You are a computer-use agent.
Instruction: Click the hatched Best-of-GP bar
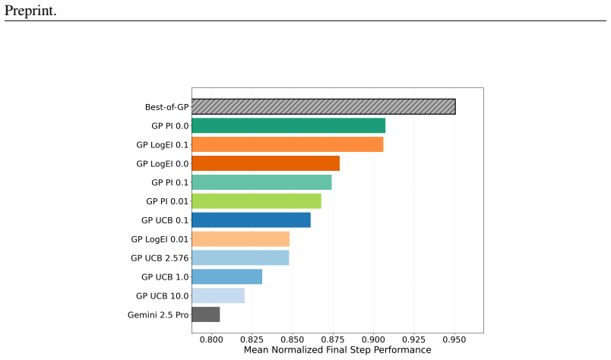tap(324, 107)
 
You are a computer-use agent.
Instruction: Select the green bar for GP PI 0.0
tap(288, 126)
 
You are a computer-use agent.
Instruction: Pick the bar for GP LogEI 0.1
tap(287, 144)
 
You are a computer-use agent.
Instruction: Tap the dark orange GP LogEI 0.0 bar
tap(266, 163)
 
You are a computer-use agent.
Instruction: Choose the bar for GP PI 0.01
tap(256, 201)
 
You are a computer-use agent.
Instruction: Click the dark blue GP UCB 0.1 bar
tap(252, 220)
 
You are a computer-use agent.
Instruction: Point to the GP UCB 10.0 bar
tap(218, 295)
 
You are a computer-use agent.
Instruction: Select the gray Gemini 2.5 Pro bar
tap(206, 314)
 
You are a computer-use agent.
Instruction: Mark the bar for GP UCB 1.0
tap(226, 277)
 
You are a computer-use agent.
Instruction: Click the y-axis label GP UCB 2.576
tap(160, 258)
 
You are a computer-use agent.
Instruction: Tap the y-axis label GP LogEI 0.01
tap(160, 239)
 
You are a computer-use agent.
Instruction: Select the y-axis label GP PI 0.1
tap(170, 183)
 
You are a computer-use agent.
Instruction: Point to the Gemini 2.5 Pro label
tap(158, 314)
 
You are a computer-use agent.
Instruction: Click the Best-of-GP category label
tap(166, 107)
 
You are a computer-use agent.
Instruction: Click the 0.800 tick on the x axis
tap(211, 339)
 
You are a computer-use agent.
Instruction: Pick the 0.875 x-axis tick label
tap(333, 339)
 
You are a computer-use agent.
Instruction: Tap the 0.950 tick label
tap(454, 339)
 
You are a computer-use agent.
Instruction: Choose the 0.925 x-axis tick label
tap(414, 339)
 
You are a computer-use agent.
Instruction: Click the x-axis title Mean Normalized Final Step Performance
tap(337, 350)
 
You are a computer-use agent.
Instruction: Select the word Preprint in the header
tap(30, 11)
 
